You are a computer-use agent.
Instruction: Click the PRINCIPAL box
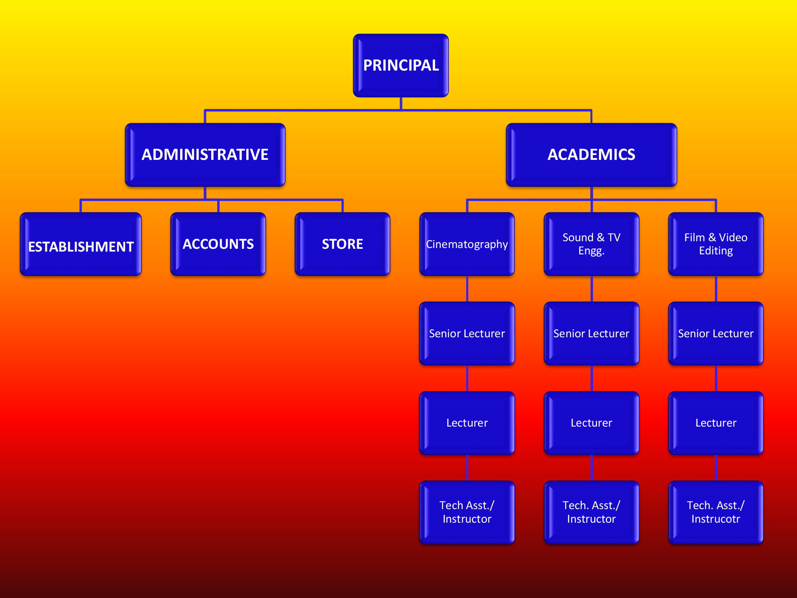pyautogui.click(x=401, y=65)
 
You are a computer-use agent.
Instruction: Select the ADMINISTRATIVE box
pyautogui.click(x=205, y=155)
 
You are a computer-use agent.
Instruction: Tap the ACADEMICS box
pyautogui.click(x=591, y=155)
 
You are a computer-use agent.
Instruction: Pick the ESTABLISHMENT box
pyautogui.click(x=81, y=244)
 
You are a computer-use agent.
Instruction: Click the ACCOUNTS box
pyautogui.click(x=218, y=244)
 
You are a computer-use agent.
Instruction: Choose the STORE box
pyautogui.click(x=342, y=244)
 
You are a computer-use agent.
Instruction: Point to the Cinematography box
pyautogui.click(x=467, y=244)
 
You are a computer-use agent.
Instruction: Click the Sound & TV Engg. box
pyautogui.click(x=591, y=244)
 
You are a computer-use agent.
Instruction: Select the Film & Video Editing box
pyautogui.click(x=716, y=244)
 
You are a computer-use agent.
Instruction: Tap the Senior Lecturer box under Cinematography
pyautogui.click(x=467, y=333)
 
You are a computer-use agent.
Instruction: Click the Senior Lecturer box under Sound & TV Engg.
pyautogui.click(x=591, y=333)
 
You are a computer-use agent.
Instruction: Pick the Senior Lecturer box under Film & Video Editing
pyautogui.click(x=716, y=333)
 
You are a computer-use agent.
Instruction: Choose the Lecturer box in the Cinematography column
pyautogui.click(x=467, y=423)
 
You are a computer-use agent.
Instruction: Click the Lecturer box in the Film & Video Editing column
pyautogui.click(x=716, y=423)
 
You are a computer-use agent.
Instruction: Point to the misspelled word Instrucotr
pyautogui.click(x=716, y=519)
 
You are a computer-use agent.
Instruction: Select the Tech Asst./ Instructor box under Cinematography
pyautogui.click(x=467, y=512)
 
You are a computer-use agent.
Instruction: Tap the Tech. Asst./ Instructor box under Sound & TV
pyautogui.click(x=591, y=512)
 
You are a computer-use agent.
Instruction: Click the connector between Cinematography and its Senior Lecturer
pyautogui.click(x=467, y=289)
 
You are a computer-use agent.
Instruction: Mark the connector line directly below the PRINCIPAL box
pyautogui.click(x=401, y=103)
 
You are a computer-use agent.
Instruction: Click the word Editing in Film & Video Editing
pyautogui.click(x=716, y=251)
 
